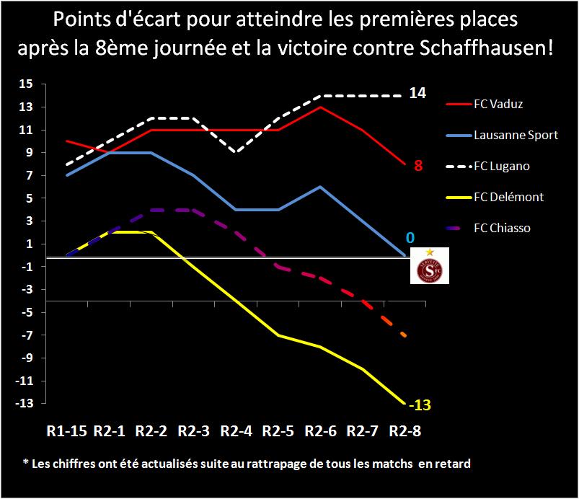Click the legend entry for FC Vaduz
tap(498, 104)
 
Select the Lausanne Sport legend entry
tap(516, 135)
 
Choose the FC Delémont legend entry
tap(508, 197)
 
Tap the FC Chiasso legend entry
tap(502, 228)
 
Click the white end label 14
tap(418, 93)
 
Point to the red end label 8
tap(417, 166)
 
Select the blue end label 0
tap(410, 237)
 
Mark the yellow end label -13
tap(420, 405)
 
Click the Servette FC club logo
tap(429, 265)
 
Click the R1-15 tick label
tap(66, 432)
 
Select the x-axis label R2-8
tap(405, 432)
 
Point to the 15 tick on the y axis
tap(27, 84)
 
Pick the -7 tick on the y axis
tap(27, 335)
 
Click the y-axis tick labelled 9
tap(30, 153)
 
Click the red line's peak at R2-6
tap(319, 107)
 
